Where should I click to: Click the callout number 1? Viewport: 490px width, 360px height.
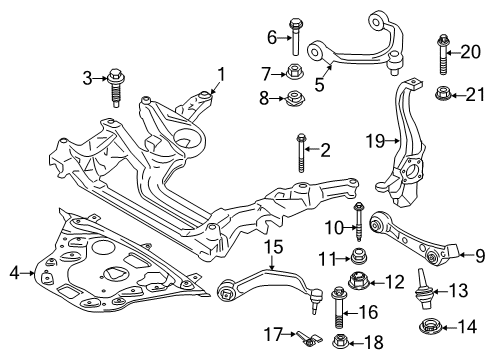click(x=221, y=73)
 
